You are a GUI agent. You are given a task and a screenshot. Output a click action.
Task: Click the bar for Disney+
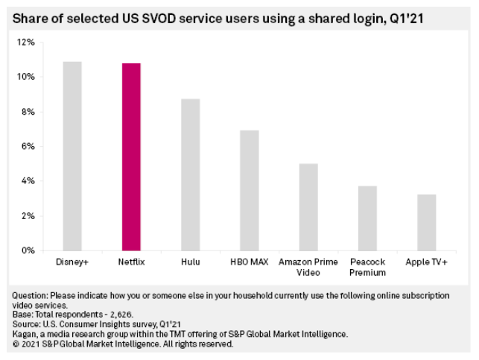pyautogui.click(x=72, y=156)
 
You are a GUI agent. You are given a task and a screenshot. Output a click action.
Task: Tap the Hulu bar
pyautogui.click(x=190, y=174)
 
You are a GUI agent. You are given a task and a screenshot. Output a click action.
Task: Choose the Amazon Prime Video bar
pyautogui.click(x=308, y=206)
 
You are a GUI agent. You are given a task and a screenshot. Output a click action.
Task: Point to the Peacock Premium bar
pyautogui.click(x=367, y=218)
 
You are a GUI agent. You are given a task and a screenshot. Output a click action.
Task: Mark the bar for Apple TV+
pyautogui.click(x=425, y=222)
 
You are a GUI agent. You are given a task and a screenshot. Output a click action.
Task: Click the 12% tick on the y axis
pyautogui.click(x=26, y=42)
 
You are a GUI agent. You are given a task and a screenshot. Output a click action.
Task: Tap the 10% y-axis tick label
pyautogui.click(x=26, y=77)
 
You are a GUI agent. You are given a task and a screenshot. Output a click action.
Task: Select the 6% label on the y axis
pyautogui.click(x=28, y=146)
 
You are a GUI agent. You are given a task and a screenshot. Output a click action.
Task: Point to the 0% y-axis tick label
pyautogui.click(x=28, y=250)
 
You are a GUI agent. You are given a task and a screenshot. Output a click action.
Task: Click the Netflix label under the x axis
pyautogui.click(x=131, y=262)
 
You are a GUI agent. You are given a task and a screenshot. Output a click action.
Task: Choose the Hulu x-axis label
pyautogui.click(x=190, y=262)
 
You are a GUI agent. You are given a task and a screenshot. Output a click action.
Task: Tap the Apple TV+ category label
pyautogui.click(x=425, y=262)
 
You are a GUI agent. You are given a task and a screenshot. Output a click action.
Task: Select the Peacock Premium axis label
pyautogui.click(x=367, y=267)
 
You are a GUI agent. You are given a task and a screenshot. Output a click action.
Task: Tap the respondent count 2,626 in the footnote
pyautogui.click(x=104, y=315)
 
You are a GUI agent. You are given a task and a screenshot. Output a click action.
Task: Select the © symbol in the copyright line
pyautogui.click(x=16, y=344)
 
